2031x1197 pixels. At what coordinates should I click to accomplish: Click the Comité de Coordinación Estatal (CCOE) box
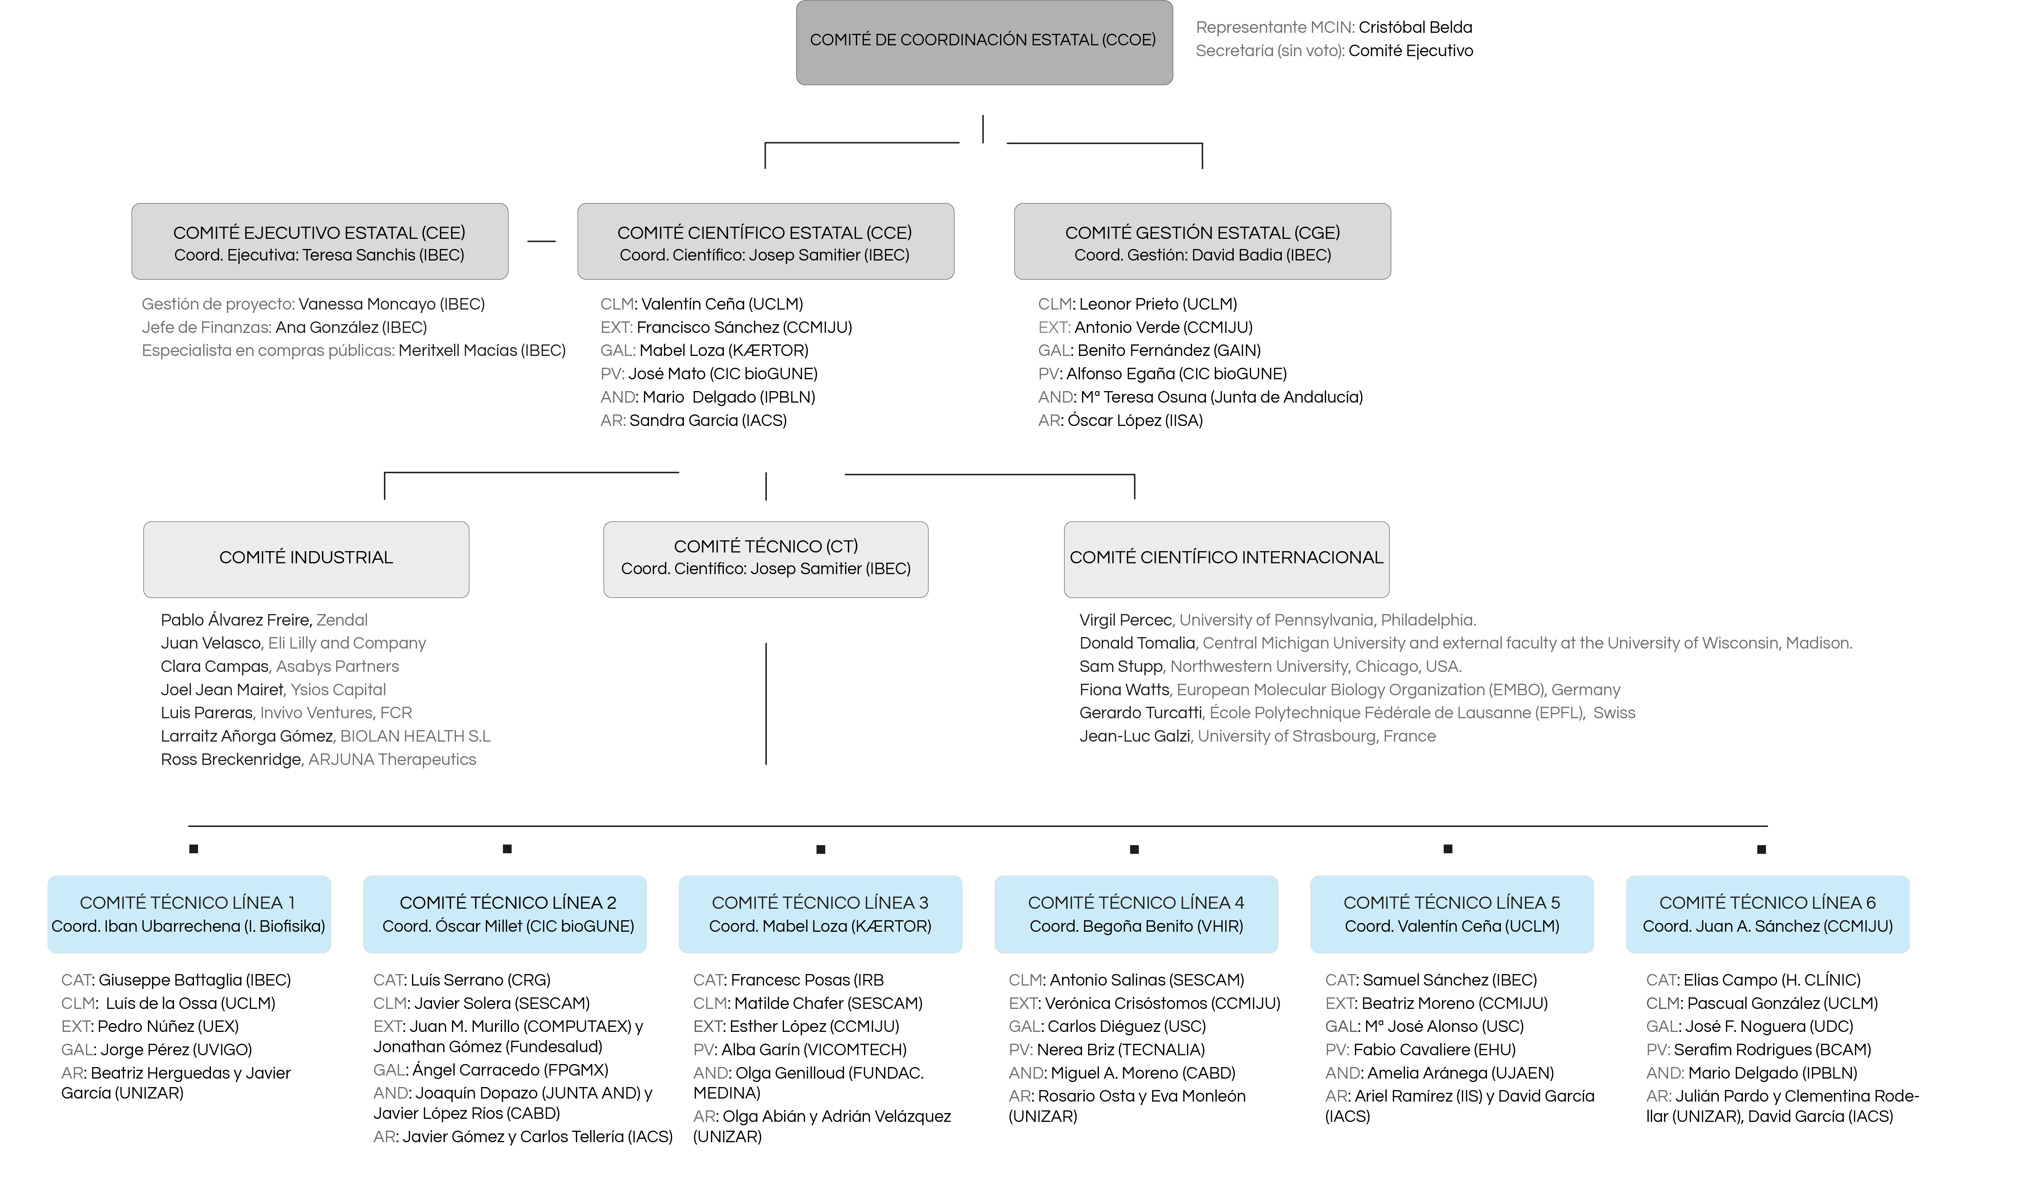tap(984, 43)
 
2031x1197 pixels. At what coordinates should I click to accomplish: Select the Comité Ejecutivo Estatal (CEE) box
tap(320, 241)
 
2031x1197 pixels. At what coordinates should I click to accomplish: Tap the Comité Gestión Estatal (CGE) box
tap(1202, 241)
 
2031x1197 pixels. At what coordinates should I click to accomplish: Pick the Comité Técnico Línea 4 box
tap(1136, 914)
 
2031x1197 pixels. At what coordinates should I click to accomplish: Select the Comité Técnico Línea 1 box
tap(189, 914)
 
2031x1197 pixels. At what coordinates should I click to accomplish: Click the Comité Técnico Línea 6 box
tap(1767, 914)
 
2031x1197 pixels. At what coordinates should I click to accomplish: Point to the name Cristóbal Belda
tap(1415, 27)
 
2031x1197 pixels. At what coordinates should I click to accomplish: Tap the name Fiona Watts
tap(1124, 690)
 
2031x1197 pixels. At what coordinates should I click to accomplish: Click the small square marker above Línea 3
tap(821, 849)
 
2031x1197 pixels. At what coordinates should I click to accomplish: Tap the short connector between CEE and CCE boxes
tap(541, 241)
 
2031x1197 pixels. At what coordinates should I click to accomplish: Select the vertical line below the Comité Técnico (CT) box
tap(766, 703)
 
